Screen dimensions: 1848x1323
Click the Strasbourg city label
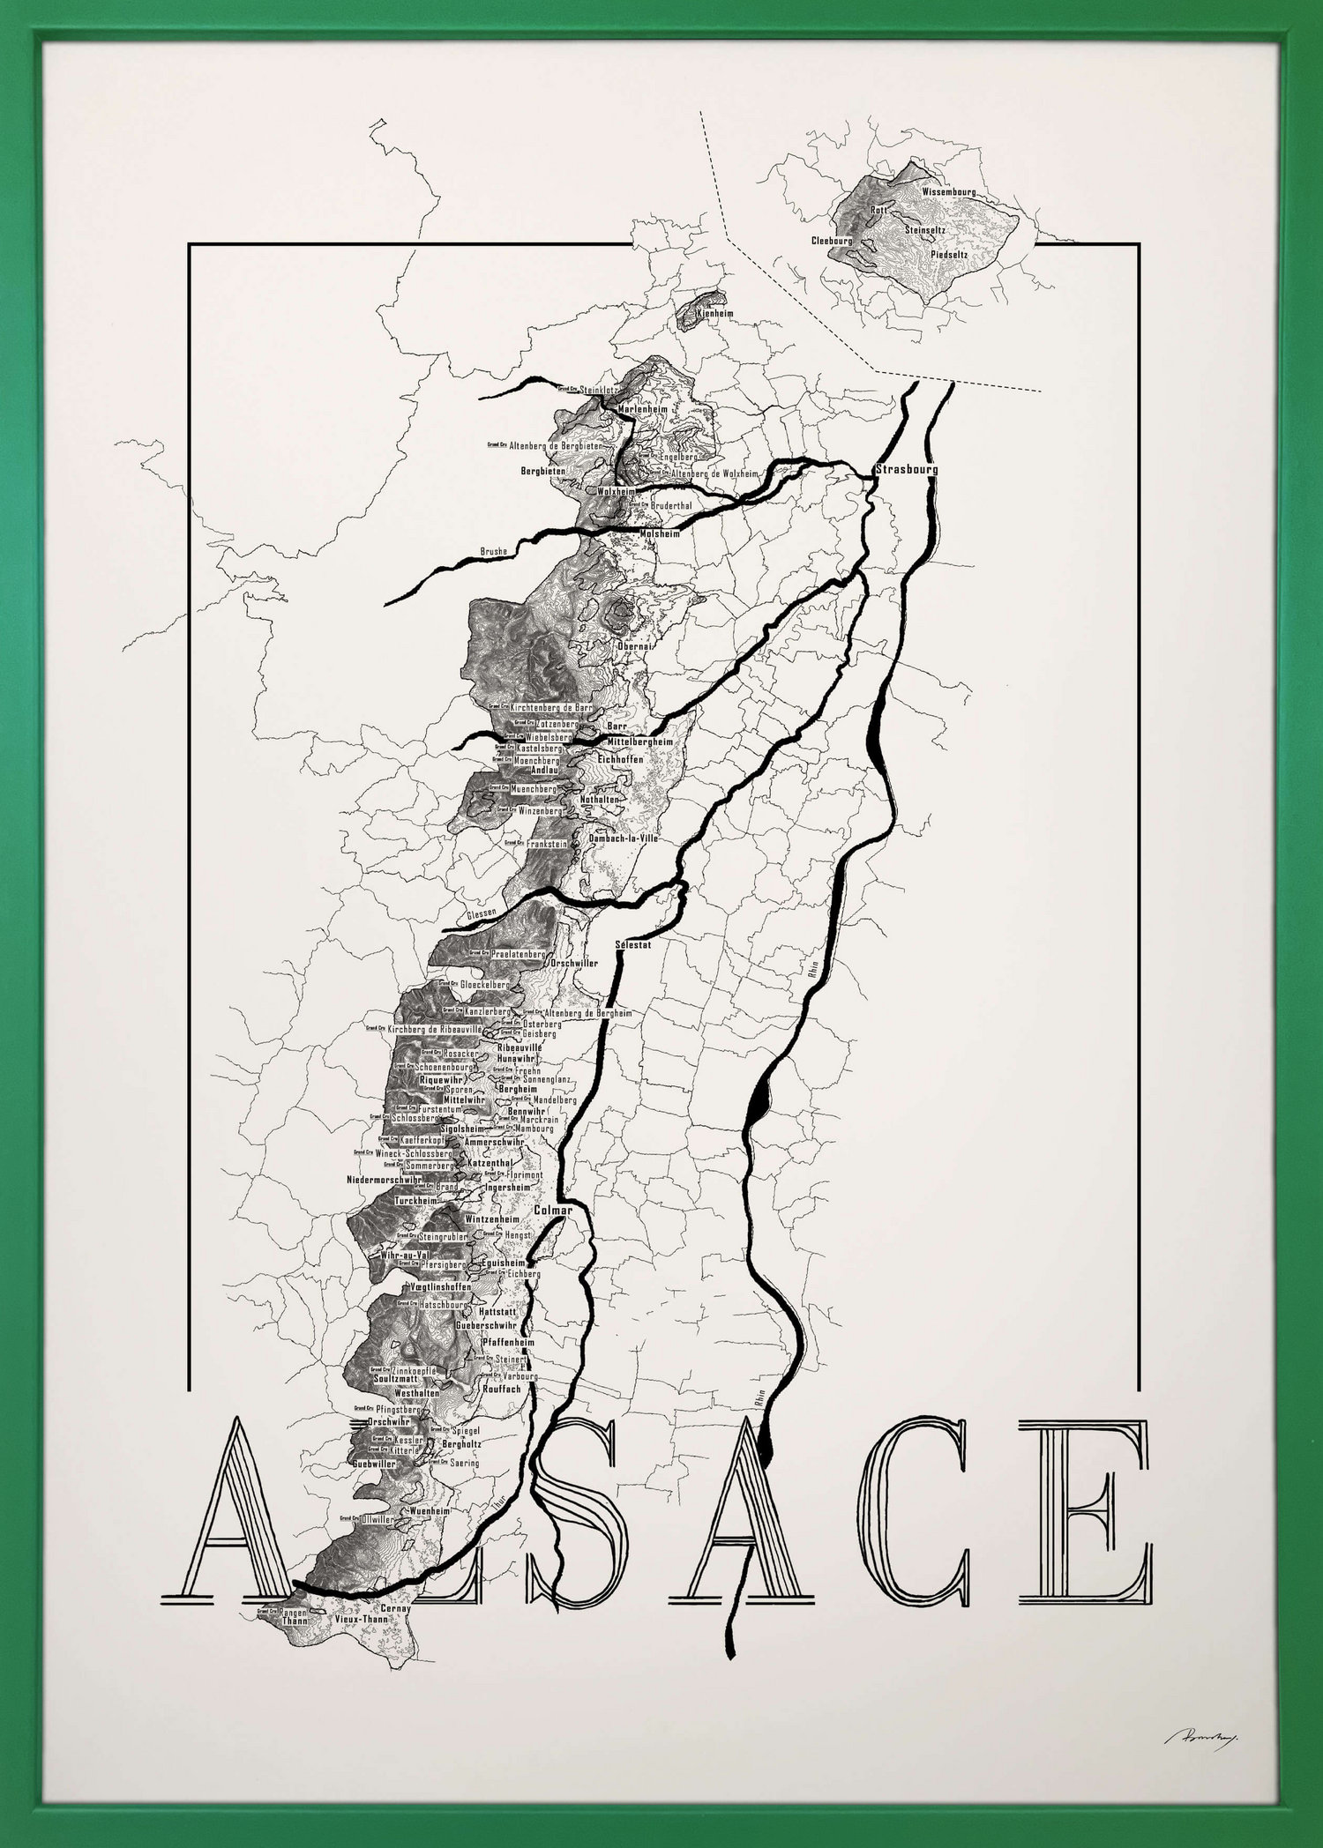pos(906,469)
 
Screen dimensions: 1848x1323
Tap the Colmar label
pos(553,1211)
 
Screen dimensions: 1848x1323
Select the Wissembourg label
pos(949,191)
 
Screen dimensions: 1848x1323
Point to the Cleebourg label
pos(833,240)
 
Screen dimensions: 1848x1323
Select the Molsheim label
pos(660,533)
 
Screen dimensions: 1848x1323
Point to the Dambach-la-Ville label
pos(624,839)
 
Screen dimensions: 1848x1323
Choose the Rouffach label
pos(502,1388)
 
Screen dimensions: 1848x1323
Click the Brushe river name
pos(494,552)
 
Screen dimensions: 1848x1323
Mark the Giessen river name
pos(483,913)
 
